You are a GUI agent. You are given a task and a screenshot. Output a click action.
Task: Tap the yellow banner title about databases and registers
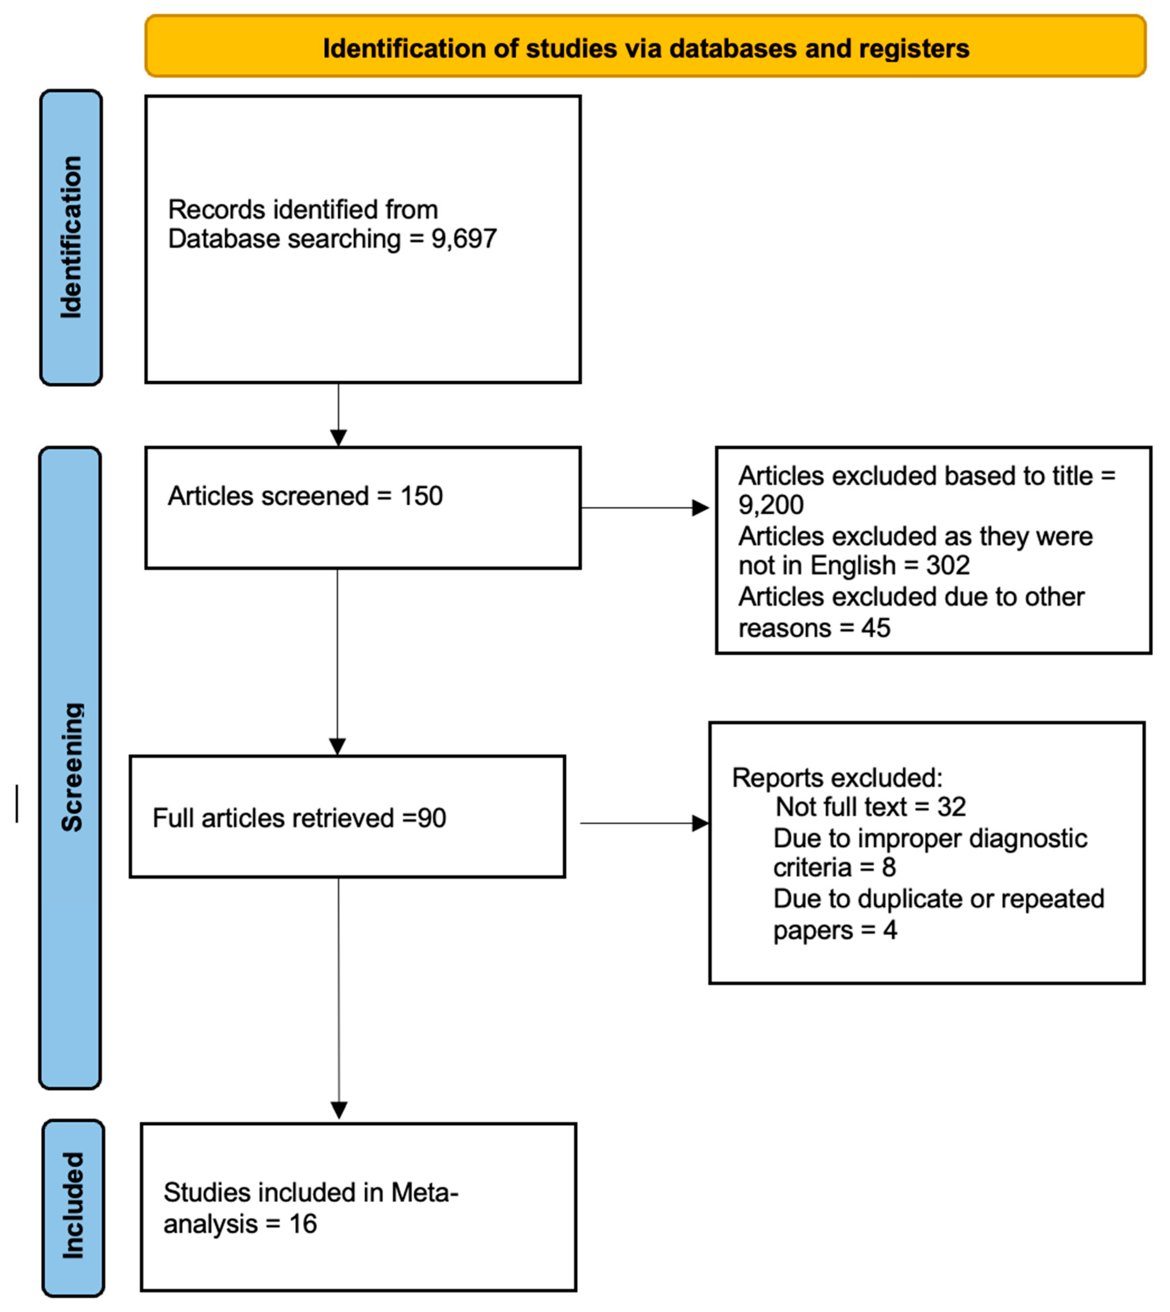click(x=645, y=49)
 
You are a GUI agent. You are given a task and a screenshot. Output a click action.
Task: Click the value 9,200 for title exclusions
click(x=770, y=505)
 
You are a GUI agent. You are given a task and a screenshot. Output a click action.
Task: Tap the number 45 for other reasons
click(x=875, y=628)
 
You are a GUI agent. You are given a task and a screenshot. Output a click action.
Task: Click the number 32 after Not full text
click(x=951, y=807)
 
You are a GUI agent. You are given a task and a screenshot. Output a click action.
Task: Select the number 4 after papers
click(x=889, y=930)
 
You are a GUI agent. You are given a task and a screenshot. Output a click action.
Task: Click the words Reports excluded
click(x=836, y=778)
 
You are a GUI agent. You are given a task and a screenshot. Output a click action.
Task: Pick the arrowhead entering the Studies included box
click(x=339, y=1110)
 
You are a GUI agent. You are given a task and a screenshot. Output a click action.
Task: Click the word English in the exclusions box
click(x=852, y=565)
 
